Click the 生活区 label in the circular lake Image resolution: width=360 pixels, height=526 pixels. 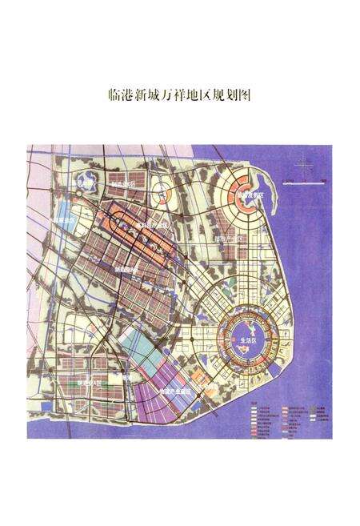248,339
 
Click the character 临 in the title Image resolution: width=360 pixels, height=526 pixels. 112,95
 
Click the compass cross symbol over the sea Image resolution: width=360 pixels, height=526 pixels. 302,167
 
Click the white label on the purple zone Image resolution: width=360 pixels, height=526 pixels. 176,391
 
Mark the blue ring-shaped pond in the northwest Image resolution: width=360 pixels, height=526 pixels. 86,183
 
